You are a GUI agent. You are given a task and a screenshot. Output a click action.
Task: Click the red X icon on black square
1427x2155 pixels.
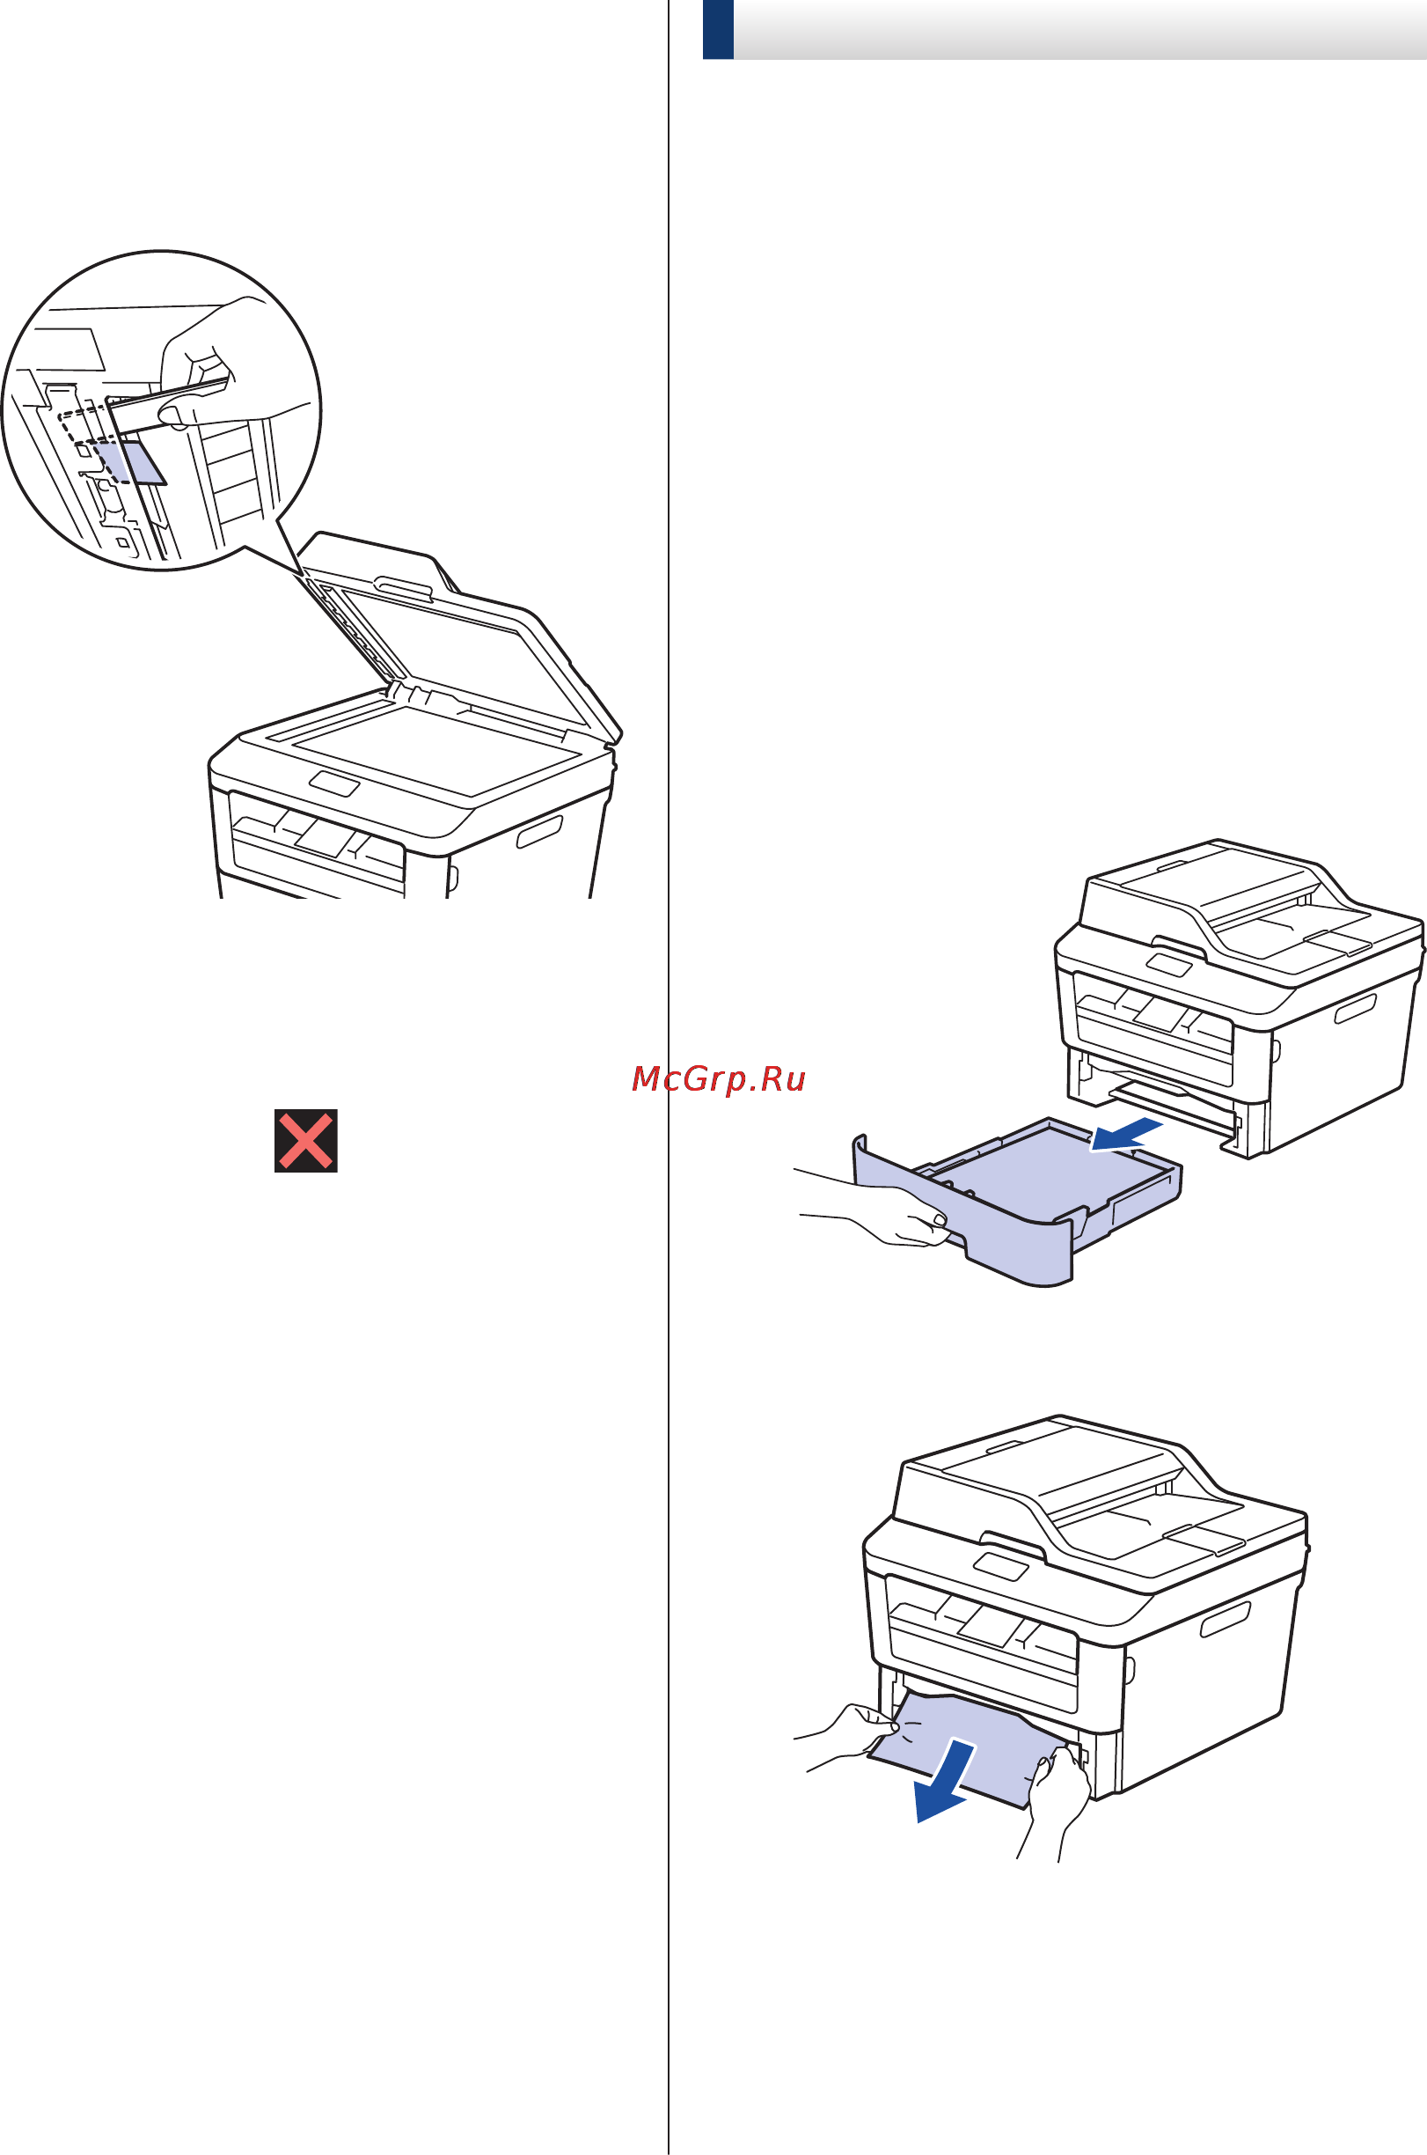point(306,1140)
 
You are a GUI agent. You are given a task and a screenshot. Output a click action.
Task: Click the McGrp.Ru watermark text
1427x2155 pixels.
point(719,1079)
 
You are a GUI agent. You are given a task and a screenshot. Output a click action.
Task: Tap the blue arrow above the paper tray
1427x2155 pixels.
point(1126,1135)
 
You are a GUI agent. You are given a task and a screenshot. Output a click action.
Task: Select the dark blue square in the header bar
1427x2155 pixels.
point(718,30)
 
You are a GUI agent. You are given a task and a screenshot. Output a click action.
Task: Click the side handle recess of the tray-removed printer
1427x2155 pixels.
point(1355,1008)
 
